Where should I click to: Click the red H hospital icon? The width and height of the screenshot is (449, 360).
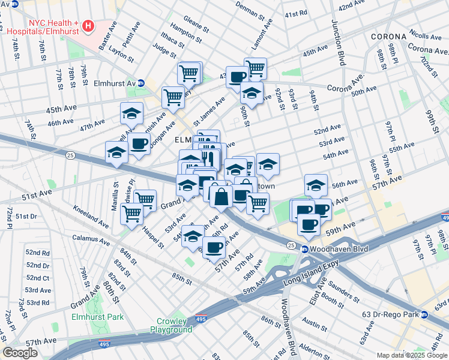[89, 26]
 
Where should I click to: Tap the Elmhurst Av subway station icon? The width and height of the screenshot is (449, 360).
[141, 83]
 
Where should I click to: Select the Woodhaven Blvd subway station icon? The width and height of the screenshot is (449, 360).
[305, 249]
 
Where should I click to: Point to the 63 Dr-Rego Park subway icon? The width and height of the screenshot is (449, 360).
[424, 314]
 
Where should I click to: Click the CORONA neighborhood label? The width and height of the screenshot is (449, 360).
[389, 37]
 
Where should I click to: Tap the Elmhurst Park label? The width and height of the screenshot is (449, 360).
[97, 317]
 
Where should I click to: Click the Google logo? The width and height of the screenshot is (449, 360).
[20, 353]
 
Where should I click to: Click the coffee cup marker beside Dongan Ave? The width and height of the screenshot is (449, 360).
[139, 144]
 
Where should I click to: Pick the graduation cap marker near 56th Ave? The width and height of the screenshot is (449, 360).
[316, 186]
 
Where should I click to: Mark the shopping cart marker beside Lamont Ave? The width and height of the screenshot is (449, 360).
[255, 68]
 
